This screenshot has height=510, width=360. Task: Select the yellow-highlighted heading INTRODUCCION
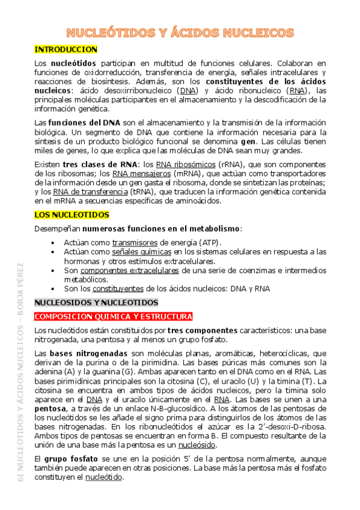tap(66, 49)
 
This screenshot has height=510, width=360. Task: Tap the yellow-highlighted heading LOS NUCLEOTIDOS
tap(72, 214)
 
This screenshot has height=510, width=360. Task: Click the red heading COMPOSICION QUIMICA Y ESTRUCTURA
tap(114, 316)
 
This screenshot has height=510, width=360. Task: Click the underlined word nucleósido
tap(197, 444)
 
